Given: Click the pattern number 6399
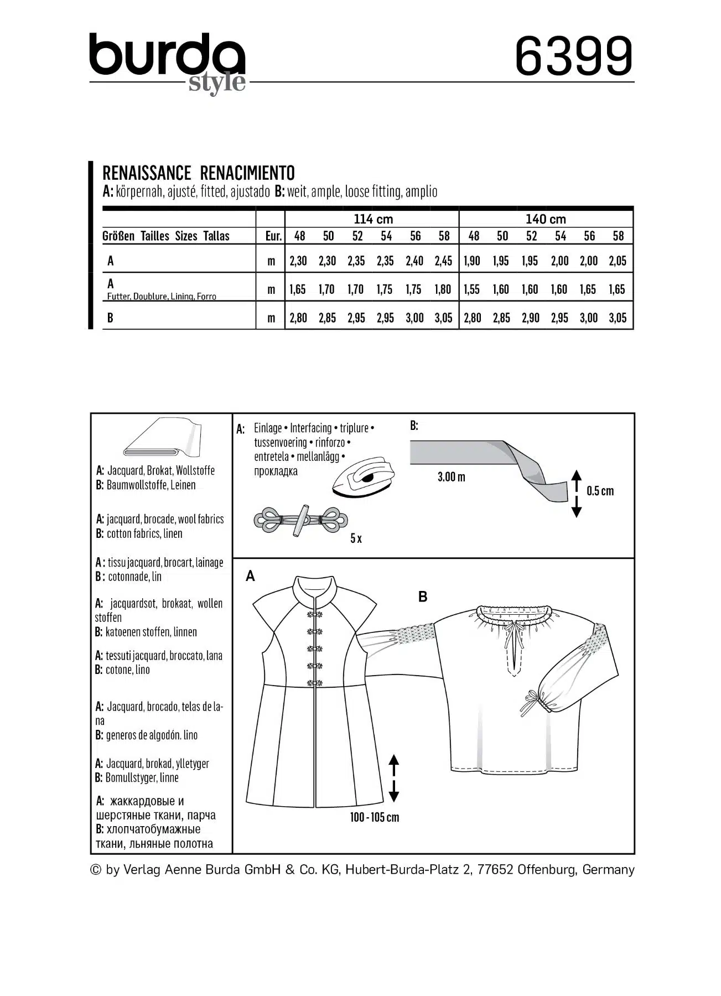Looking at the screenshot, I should coord(574,56).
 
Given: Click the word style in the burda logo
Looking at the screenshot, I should coord(217,83).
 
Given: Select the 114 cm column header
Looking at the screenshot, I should coord(372,219).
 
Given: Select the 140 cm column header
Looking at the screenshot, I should coord(546,219).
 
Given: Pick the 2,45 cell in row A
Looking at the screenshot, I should coord(443,261).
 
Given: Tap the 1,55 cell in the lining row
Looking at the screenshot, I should coord(471,289).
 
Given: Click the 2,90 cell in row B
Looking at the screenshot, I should coord(530,318).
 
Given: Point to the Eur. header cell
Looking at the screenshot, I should coord(273,236).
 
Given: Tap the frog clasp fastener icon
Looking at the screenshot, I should coord(300,520).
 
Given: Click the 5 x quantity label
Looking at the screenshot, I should coord(356,538).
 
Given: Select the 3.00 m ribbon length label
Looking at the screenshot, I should coord(451,477).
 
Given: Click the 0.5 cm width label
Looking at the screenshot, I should coord(600,491).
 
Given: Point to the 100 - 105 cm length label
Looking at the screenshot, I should coord(374,817).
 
